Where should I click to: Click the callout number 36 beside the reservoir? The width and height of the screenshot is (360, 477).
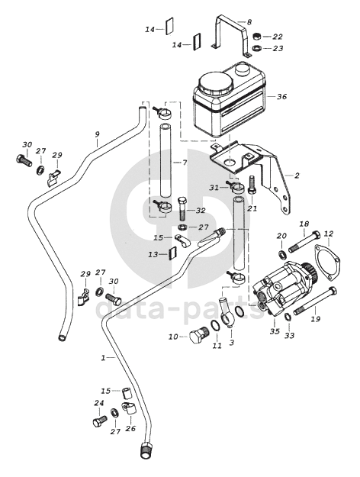(x=281, y=97)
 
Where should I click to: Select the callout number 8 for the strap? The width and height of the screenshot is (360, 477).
(x=249, y=22)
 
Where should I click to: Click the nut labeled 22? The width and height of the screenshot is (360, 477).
(x=257, y=36)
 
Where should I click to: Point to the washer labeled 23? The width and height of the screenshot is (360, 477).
(x=257, y=48)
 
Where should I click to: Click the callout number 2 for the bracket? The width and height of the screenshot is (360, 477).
(x=297, y=176)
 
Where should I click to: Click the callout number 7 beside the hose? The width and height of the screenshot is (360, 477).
(x=185, y=163)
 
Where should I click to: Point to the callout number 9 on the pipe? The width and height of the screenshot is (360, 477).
(x=98, y=134)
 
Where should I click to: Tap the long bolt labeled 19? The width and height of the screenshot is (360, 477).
(x=315, y=300)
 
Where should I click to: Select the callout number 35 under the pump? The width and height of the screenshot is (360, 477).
(x=275, y=331)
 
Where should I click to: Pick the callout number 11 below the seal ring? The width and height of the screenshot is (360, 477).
(x=217, y=346)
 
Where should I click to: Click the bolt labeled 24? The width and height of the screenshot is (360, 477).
(x=100, y=421)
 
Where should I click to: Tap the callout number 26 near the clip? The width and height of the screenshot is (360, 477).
(x=130, y=429)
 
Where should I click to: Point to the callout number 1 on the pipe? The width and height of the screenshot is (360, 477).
(x=104, y=358)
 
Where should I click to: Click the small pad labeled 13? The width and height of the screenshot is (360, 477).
(x=172, y=253)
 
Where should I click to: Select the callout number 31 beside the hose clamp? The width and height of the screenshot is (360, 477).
(x=214, y=188)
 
